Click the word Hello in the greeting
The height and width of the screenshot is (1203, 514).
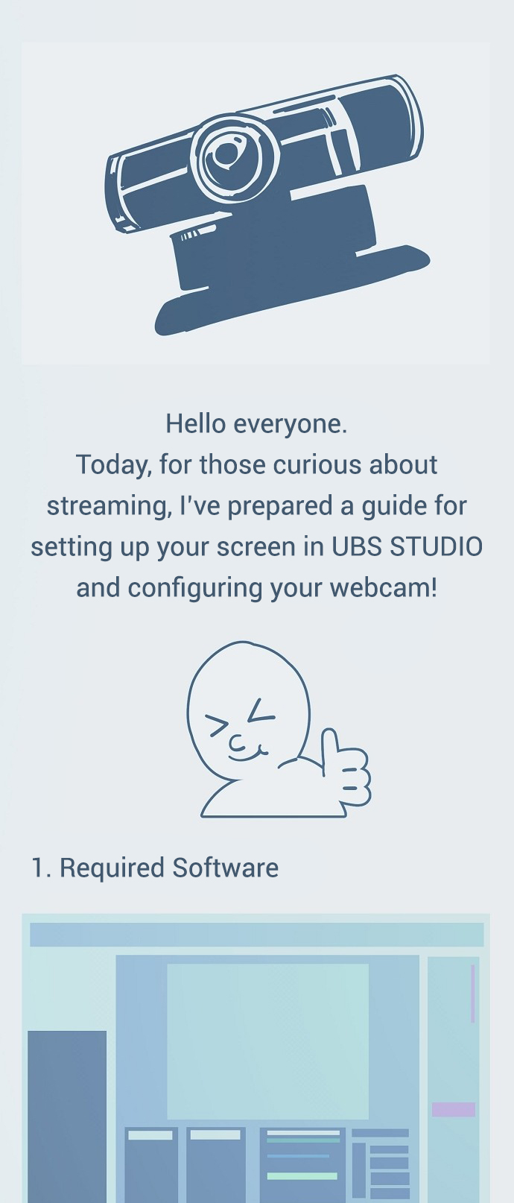point(195,424)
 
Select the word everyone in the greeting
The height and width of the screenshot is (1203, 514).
point(291,425)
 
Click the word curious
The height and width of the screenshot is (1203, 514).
point(317,464)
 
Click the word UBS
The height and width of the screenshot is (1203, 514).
point(355,547)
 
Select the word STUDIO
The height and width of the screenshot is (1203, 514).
point(435,547)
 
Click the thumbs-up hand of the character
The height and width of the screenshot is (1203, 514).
point(344,768)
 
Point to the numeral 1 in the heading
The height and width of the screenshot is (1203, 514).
point(37,868)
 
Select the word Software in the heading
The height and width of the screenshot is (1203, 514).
point(226,868)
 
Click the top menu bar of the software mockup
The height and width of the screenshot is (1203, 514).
point(256,935)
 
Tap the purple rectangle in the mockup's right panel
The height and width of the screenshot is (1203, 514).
point(454,1109)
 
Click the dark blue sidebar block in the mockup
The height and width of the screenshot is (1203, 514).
point(66,1117)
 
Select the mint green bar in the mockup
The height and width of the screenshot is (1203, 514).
point(302,1175)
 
